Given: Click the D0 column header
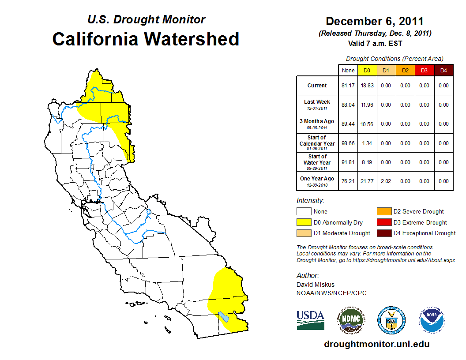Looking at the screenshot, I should coord(367,71).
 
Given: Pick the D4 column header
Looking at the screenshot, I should coord(443,71).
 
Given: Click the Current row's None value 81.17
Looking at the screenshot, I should coord(348,86).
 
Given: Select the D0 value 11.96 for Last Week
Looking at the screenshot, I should coord(367,105).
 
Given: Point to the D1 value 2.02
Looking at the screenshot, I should coord(386,181).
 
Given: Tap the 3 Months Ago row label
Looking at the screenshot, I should coord(317,124).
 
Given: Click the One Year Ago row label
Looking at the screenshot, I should coord(317,180).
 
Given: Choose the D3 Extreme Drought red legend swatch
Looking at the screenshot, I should coord(383,222).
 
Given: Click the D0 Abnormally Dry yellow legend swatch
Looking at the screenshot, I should coord(303,222).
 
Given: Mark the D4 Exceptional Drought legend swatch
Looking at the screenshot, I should coord(383,233).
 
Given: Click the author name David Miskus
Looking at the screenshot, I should coord(316,285).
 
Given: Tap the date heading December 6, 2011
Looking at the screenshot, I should coord(375,21).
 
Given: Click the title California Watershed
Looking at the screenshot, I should coord(146,39).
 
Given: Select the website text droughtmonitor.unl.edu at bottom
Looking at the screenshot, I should coord(376,344).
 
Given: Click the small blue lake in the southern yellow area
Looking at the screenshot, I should coord(224,317).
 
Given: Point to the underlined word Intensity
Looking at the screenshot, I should coord(310,201).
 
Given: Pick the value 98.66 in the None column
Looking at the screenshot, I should coord(348,143).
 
